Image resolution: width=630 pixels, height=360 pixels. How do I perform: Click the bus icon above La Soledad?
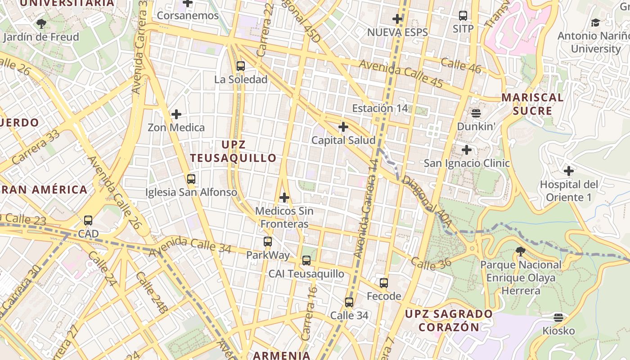[241, 66]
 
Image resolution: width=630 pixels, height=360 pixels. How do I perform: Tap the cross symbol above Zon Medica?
[176, 114]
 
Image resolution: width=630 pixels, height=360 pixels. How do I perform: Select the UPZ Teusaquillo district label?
[233, 151]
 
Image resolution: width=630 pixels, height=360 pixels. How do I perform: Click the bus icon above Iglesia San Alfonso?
[191, 179]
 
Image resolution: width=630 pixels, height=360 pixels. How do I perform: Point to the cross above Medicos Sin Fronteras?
[284, 198]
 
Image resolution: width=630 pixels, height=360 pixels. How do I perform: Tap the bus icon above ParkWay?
[268, 242]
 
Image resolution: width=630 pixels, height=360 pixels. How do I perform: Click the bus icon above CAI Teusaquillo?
[306, 261]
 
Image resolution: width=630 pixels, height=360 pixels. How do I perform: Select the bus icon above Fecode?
[384, 283]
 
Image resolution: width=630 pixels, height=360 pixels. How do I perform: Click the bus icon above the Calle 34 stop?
[349, 302]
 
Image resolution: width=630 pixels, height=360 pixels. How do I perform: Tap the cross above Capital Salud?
[343, 127]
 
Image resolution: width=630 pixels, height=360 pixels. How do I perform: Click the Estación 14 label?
[380, 108]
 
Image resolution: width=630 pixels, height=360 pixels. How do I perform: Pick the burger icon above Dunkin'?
[476, 113]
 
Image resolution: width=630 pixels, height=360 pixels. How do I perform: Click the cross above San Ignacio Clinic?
[467, 149]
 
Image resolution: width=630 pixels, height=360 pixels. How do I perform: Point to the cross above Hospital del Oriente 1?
[569, 171]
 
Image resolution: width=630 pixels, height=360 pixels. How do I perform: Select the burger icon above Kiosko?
[558, 318]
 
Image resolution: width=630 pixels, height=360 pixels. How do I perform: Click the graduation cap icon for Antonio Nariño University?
[595, 22]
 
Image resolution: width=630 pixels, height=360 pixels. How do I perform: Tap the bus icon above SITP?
[463, 16]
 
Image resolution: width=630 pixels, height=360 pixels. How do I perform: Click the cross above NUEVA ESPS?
[397, 19]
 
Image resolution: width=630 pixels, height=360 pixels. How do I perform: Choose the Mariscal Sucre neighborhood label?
[532, 104]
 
